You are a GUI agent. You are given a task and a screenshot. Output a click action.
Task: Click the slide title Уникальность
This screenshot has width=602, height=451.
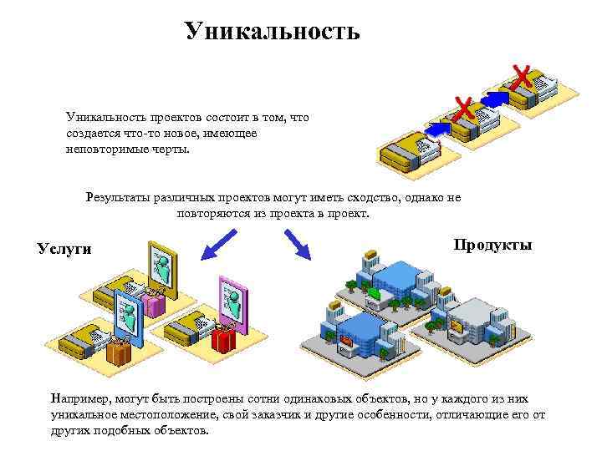[273, 32]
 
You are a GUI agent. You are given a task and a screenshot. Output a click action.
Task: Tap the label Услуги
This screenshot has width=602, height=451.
[65, 248]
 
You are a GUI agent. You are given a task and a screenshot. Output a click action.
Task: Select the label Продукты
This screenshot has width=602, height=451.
[492, 245]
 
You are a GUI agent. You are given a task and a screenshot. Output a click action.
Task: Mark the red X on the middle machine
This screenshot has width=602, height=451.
[463, 109]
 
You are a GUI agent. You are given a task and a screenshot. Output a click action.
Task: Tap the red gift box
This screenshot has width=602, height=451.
[222, 341]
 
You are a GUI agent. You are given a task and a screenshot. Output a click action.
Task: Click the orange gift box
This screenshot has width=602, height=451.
[119, 351]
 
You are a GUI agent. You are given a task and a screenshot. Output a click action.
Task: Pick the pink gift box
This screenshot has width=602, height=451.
[153, 302]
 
